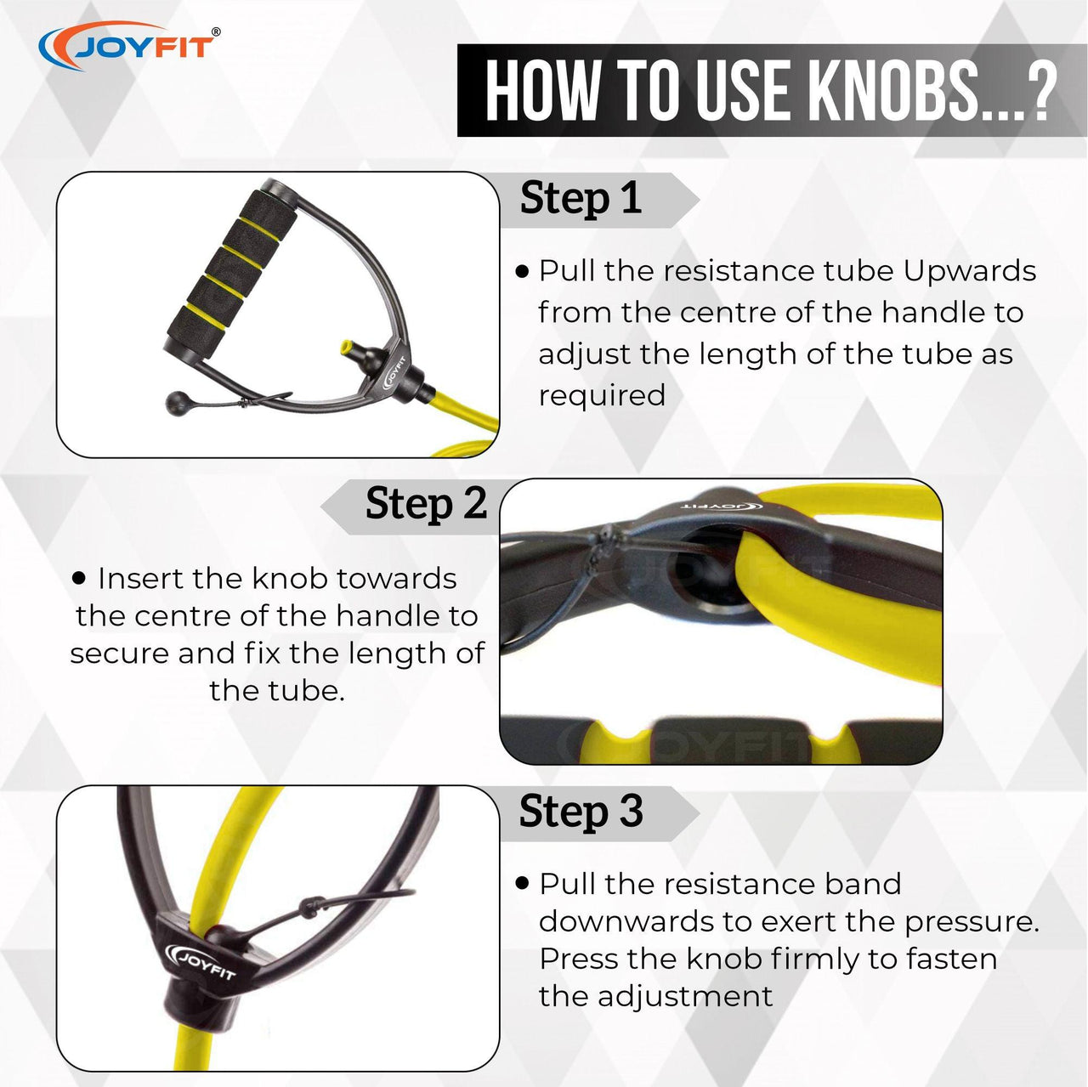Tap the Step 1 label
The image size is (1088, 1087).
[581, 198]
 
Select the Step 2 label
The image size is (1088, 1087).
[426, 503]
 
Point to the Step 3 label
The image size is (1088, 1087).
[581, 811]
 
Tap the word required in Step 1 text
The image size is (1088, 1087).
[602, 396]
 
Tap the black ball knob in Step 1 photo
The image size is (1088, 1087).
[177, 403]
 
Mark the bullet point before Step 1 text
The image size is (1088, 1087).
[523, 272]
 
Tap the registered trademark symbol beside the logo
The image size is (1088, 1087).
[216, 31]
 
